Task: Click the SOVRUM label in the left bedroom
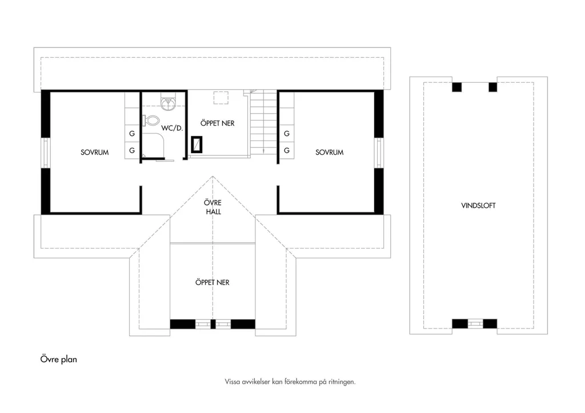tap(94, 152)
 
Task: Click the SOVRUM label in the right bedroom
tap(330, 152)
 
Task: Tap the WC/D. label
tap(172, 128)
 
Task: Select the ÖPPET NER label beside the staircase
tap(218, 123)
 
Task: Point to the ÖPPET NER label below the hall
tap(213, 282)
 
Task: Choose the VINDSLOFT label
tap(478, 206)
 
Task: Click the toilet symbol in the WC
tap(151, 121)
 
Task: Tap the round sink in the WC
tap(169, 104)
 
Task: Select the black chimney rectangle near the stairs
tap(197, 145)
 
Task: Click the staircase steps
tap(263, 123)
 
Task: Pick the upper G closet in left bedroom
tap(132, 133)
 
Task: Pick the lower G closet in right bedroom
tap(287, 150)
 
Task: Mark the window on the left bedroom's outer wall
tap(46, 153)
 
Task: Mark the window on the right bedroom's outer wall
tap(379, 153)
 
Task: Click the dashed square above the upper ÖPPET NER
tap(221, 97)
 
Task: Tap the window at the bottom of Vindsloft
tap(475, 323)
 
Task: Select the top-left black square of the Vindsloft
tap(457, 87)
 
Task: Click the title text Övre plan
tap(59, 359)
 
